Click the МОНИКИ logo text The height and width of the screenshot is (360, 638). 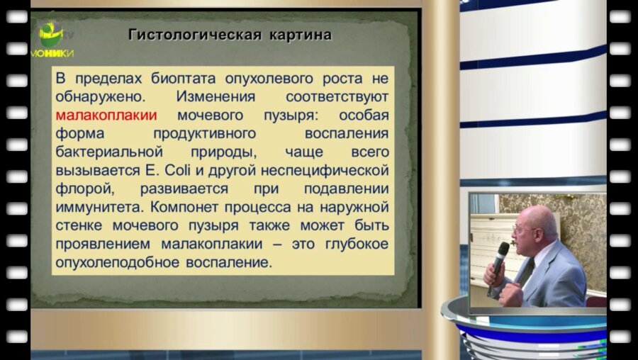[x=52, y=53]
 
